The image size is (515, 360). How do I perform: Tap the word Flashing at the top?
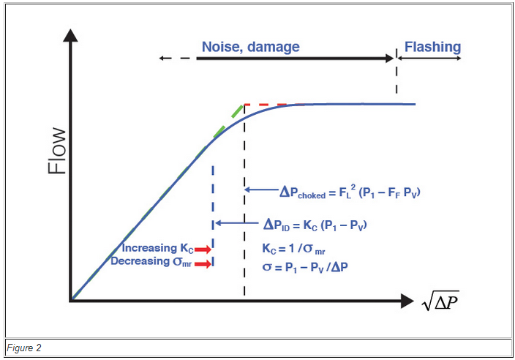point(432,47)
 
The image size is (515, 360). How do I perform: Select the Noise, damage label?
point(250,47)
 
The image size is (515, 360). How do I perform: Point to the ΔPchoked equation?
point(350,192)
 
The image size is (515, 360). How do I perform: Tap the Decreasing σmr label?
point(152,262)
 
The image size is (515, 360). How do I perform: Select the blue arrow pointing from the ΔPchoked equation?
point(260,190)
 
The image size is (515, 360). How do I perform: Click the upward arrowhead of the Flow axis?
point(71,35)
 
